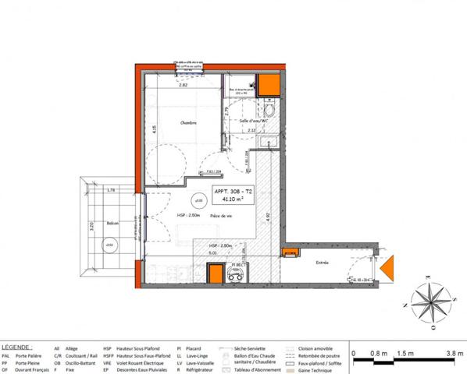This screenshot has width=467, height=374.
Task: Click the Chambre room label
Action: [187, 123]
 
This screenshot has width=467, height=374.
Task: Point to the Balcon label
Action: [113, 222]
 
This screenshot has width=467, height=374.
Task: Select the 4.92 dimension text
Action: [269, 217]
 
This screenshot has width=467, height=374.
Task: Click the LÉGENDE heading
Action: [17, 345]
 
